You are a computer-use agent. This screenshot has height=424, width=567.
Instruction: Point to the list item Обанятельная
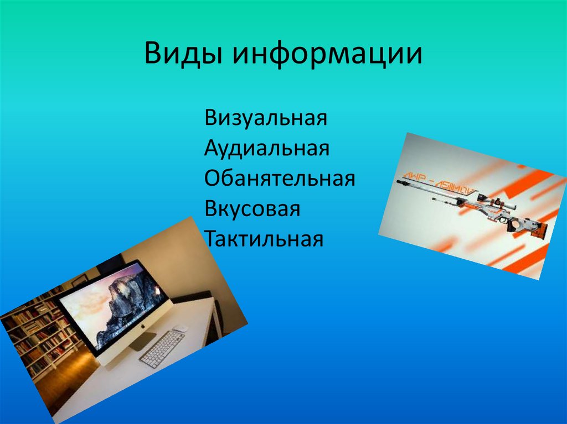click(280, 179)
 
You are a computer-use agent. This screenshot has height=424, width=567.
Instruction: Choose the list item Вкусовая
click(252, 209)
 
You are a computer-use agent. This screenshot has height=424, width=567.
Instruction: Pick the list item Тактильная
click(263, 239)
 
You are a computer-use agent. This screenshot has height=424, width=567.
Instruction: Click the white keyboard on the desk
click(162, 348)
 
